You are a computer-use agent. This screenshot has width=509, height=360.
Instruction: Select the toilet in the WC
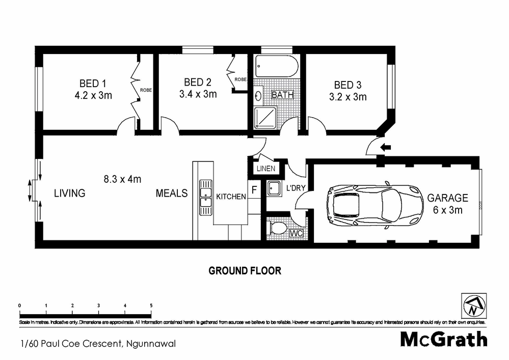278,229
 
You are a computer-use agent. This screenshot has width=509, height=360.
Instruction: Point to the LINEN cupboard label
266,169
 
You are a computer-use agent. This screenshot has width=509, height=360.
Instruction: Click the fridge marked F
254,190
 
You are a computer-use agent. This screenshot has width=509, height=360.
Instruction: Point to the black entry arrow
386,148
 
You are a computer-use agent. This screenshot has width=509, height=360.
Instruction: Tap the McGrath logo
443,339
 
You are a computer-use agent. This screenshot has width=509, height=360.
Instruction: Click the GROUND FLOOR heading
245,270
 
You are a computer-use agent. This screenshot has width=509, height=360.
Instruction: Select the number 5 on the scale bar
151,306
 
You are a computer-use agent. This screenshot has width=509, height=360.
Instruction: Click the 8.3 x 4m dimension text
122,179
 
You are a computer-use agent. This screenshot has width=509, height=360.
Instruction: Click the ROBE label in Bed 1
146,90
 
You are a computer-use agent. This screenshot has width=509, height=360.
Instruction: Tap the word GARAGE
447,198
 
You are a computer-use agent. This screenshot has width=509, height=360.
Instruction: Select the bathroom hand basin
258,95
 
